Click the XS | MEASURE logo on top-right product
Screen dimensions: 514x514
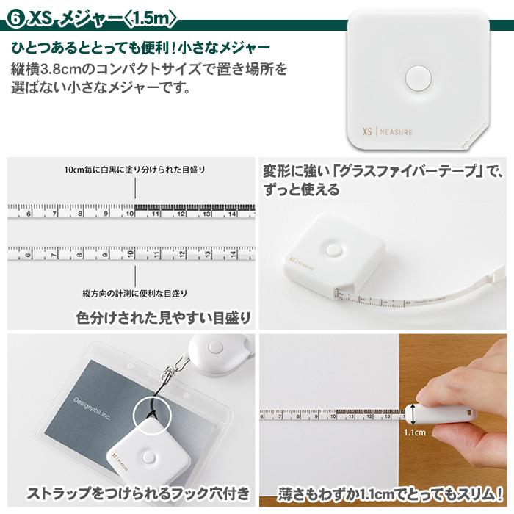click(x=387, y=133)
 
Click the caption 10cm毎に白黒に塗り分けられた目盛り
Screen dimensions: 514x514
click(x=134, y=170)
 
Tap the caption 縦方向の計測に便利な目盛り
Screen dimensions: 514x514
click(x=134, y=293)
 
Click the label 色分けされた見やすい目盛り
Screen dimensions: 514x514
click(x=163, y=317)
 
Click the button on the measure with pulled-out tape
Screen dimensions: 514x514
click(x=334, y=250)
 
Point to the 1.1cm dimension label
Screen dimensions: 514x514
click(x=414, y=432)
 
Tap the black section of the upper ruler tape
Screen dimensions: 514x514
click(x=195, y=208)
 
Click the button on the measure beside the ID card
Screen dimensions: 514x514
click(x=148, y=457)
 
